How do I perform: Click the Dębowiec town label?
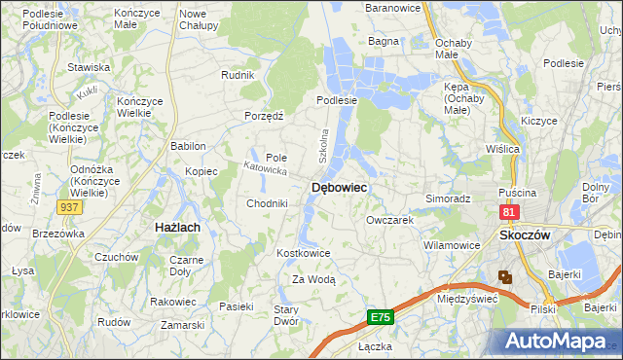[x=338, y=188]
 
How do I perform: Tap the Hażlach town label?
[x=178, y=227]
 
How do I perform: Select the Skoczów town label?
[x=525, y=235]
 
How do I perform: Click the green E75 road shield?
[x=381, y=317]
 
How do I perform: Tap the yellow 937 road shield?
[x=69, y=207]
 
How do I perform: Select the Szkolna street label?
[x=325, y=146]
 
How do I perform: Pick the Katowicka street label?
[x=264, y=169]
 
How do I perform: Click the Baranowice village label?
[x=391, y=8]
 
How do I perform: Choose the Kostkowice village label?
[x=305, y=253]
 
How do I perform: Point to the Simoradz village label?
[x=448, y=198]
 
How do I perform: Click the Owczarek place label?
[x=390, y=220]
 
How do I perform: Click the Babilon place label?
[x=188, y=146]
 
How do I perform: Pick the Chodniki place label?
[x=267, y=203]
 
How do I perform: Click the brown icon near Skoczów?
[x=505, y=277]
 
